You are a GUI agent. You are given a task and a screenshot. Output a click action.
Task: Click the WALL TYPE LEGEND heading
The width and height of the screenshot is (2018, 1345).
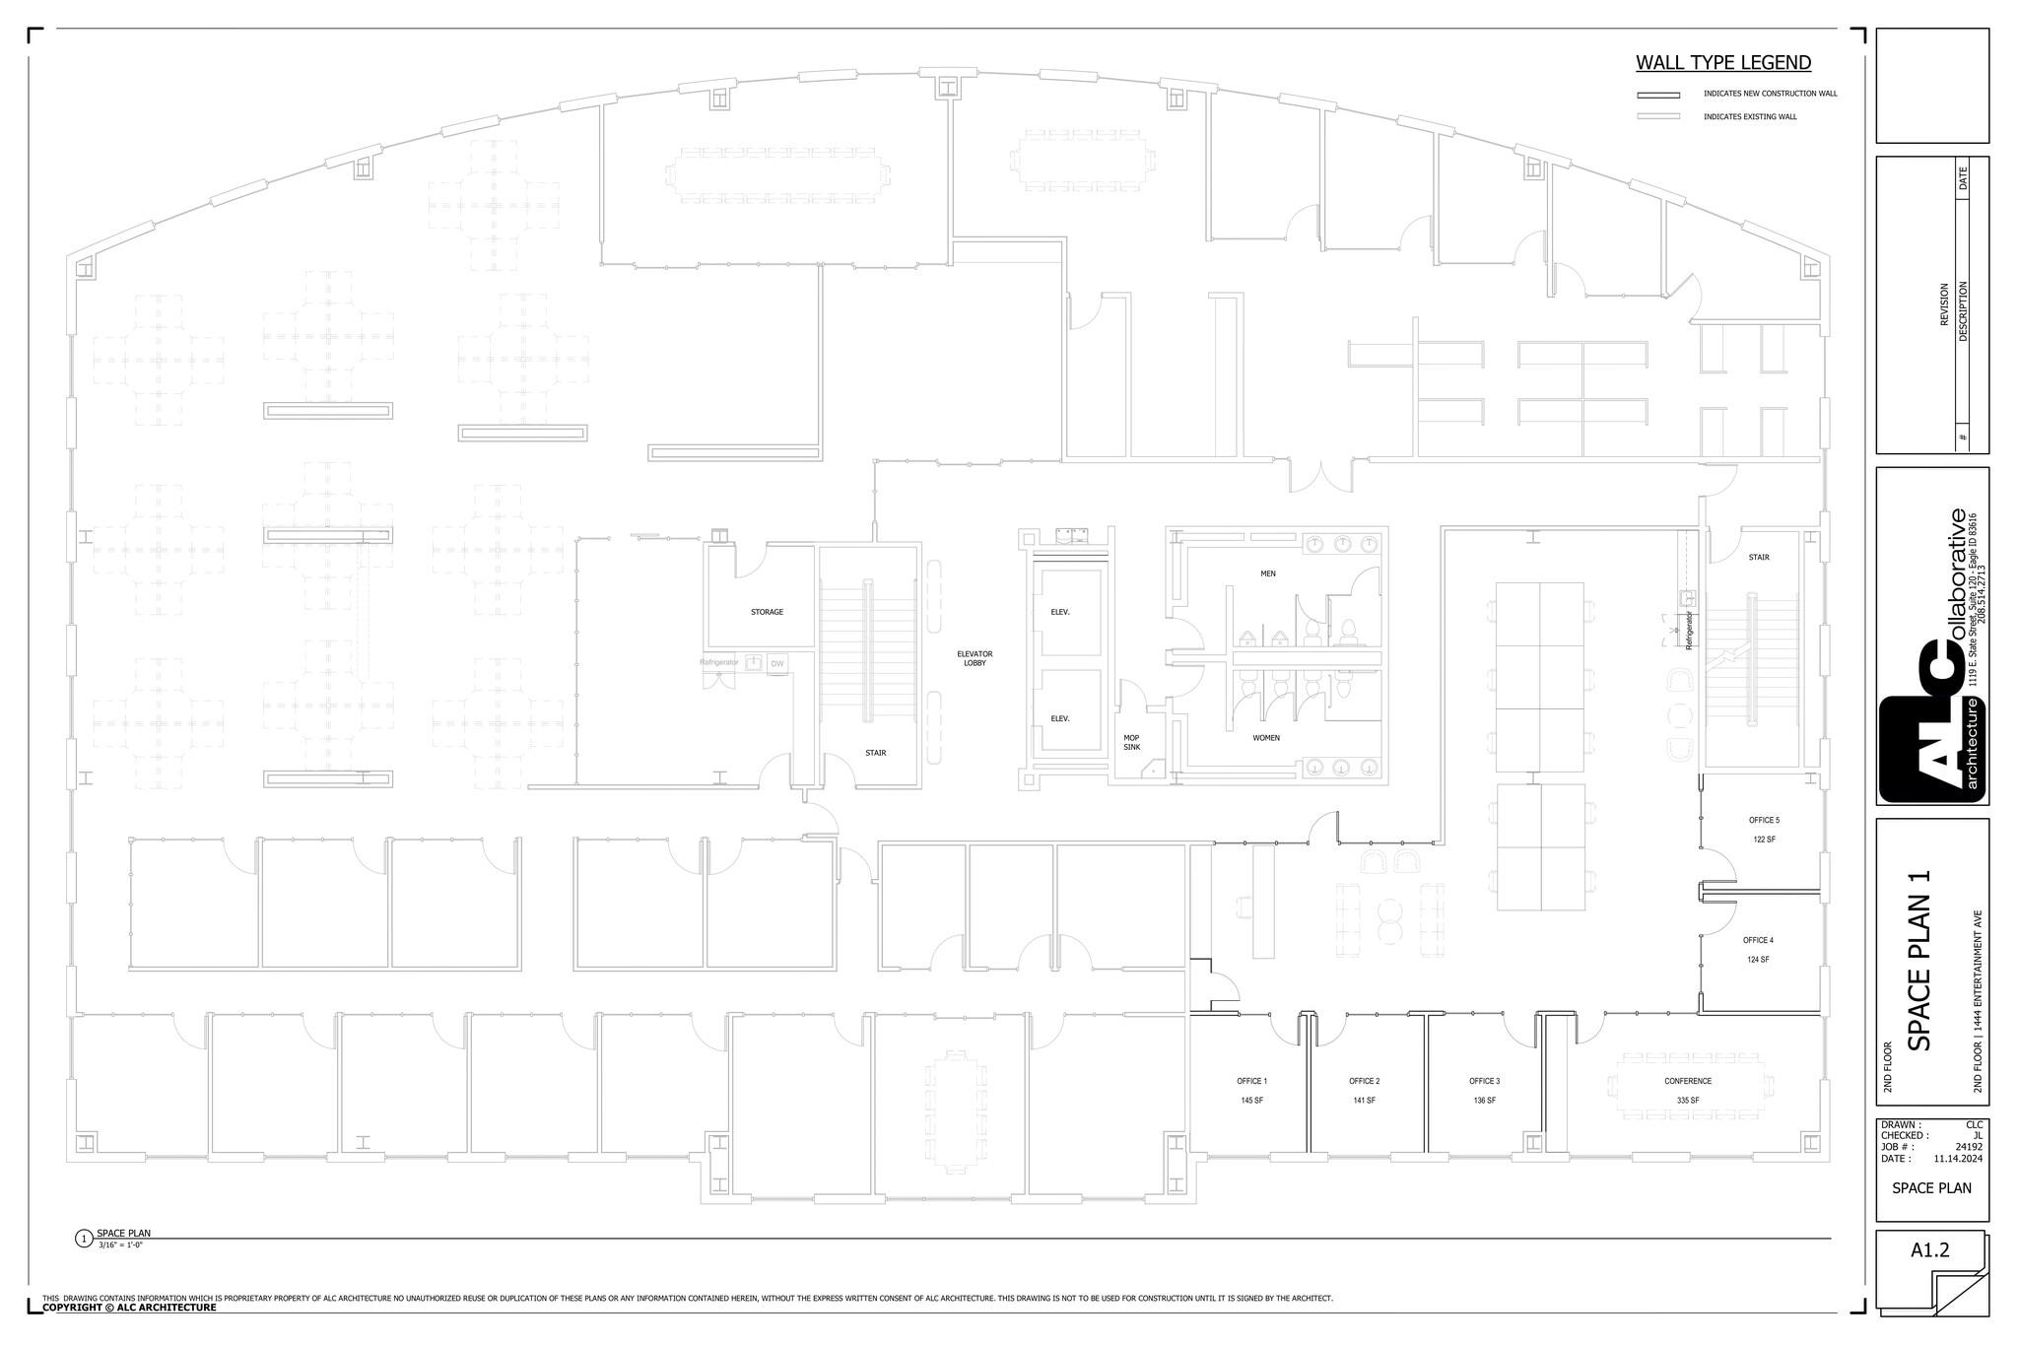click(x=1723, y=63)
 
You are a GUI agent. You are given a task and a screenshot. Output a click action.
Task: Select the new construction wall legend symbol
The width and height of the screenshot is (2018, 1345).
click(x=1658, y=95)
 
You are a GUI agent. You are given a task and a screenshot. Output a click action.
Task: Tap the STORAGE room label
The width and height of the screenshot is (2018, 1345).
click(x=767, y=612)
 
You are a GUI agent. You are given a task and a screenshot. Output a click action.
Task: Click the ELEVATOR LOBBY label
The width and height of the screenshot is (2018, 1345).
click(x=975, y=658)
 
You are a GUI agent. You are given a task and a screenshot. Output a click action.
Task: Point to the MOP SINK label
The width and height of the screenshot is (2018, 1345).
click(x=1131, y=742)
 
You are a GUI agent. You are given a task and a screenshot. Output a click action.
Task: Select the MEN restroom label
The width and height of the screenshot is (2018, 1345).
click(x=1267, y=573)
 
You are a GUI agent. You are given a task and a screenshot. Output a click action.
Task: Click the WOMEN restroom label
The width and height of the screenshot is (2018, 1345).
click(x=1266, y=737)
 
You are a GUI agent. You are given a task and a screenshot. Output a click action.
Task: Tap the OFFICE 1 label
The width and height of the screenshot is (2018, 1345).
click(x=1251, y=1081)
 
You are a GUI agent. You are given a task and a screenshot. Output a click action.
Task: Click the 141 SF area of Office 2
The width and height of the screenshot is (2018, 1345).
click(x=1364, y=1101)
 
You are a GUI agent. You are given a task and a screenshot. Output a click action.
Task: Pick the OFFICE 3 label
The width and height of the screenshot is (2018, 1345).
click(x=1484, y=1081)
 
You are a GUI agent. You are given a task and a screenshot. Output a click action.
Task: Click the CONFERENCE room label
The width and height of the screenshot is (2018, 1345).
click(x=1688, y=1081)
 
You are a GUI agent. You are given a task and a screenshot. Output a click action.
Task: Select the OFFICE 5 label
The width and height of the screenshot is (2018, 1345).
click(x=1764, y=820)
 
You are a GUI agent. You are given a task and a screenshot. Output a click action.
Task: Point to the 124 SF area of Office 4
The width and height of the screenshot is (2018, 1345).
click(x=1758, y=959)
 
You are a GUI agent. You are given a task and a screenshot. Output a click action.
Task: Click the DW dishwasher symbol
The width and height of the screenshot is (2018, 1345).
click(x=777, y=664)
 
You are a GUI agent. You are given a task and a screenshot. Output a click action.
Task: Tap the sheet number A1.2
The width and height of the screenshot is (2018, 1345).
click(x=1929, y=1250)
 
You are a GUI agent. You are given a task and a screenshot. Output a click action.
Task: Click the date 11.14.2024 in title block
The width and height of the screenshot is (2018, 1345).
click(x=1958, y=1159)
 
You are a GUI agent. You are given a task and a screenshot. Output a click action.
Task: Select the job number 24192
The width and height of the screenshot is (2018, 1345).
click(x=1969, y=1147)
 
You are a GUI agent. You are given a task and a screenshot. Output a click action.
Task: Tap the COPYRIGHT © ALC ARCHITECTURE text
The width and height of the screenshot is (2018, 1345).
click(x=129, y=1308)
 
